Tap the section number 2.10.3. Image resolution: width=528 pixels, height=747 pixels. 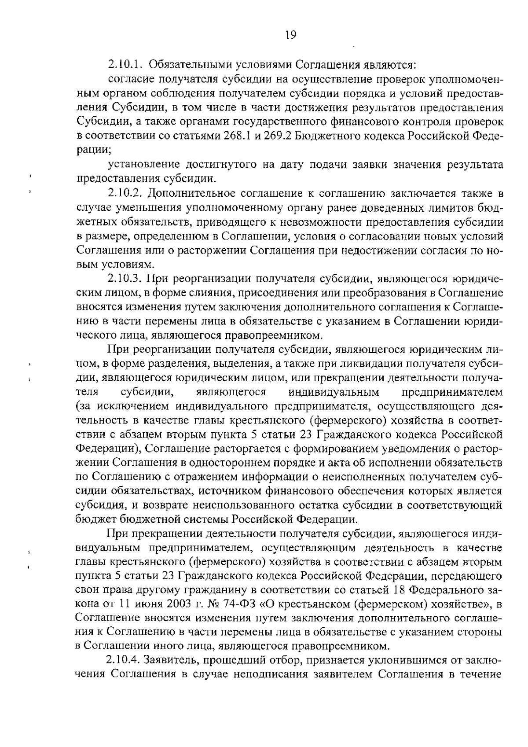pyautogui.click(x=125, y=279)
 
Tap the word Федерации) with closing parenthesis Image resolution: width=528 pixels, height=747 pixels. pyautogui.click(x=108, y=449)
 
